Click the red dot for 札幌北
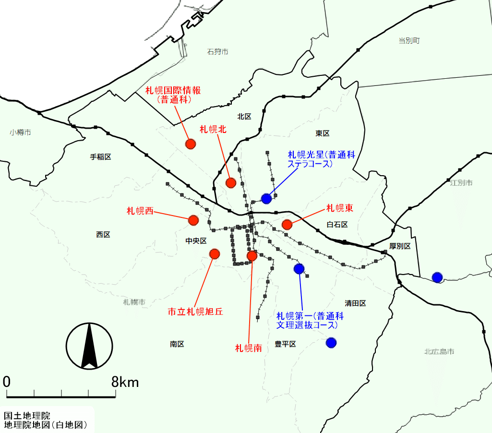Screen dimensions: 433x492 pyautogui.click(x=231, y=182)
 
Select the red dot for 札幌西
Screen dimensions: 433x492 pyautogui.click(x=193, y=220)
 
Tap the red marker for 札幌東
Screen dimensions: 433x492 pyautogui.click(x=287, y=224)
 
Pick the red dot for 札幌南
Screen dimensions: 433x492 pyautogui.click(x=252, y=256)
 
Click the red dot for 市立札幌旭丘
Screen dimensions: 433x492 pyautogui.click(x=215, y=253)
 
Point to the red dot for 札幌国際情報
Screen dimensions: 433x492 pyautogui.click(x=191, y=144)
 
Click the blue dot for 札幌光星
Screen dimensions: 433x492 pyautogui.click(x=266, y=198)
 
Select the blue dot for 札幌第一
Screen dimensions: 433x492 pyautogui.click(x=299, y=269)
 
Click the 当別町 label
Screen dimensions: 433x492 pyautogui.click(x=409, y=41)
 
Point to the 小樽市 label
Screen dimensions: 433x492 pyautogui.click(x=20, y=132)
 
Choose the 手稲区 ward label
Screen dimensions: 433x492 pyautogui.click(x=101, y=157)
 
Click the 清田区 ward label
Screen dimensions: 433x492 pyautogui.click(x=355, y=303)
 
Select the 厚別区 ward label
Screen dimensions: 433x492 pyautogui.click(x=400, y=246)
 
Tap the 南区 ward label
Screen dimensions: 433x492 pyautogui.click(x=177, y=344)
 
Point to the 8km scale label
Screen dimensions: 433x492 pyautogui.click(x=125, y=382)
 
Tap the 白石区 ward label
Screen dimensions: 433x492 pyautogui.click(x=337, y=225)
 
